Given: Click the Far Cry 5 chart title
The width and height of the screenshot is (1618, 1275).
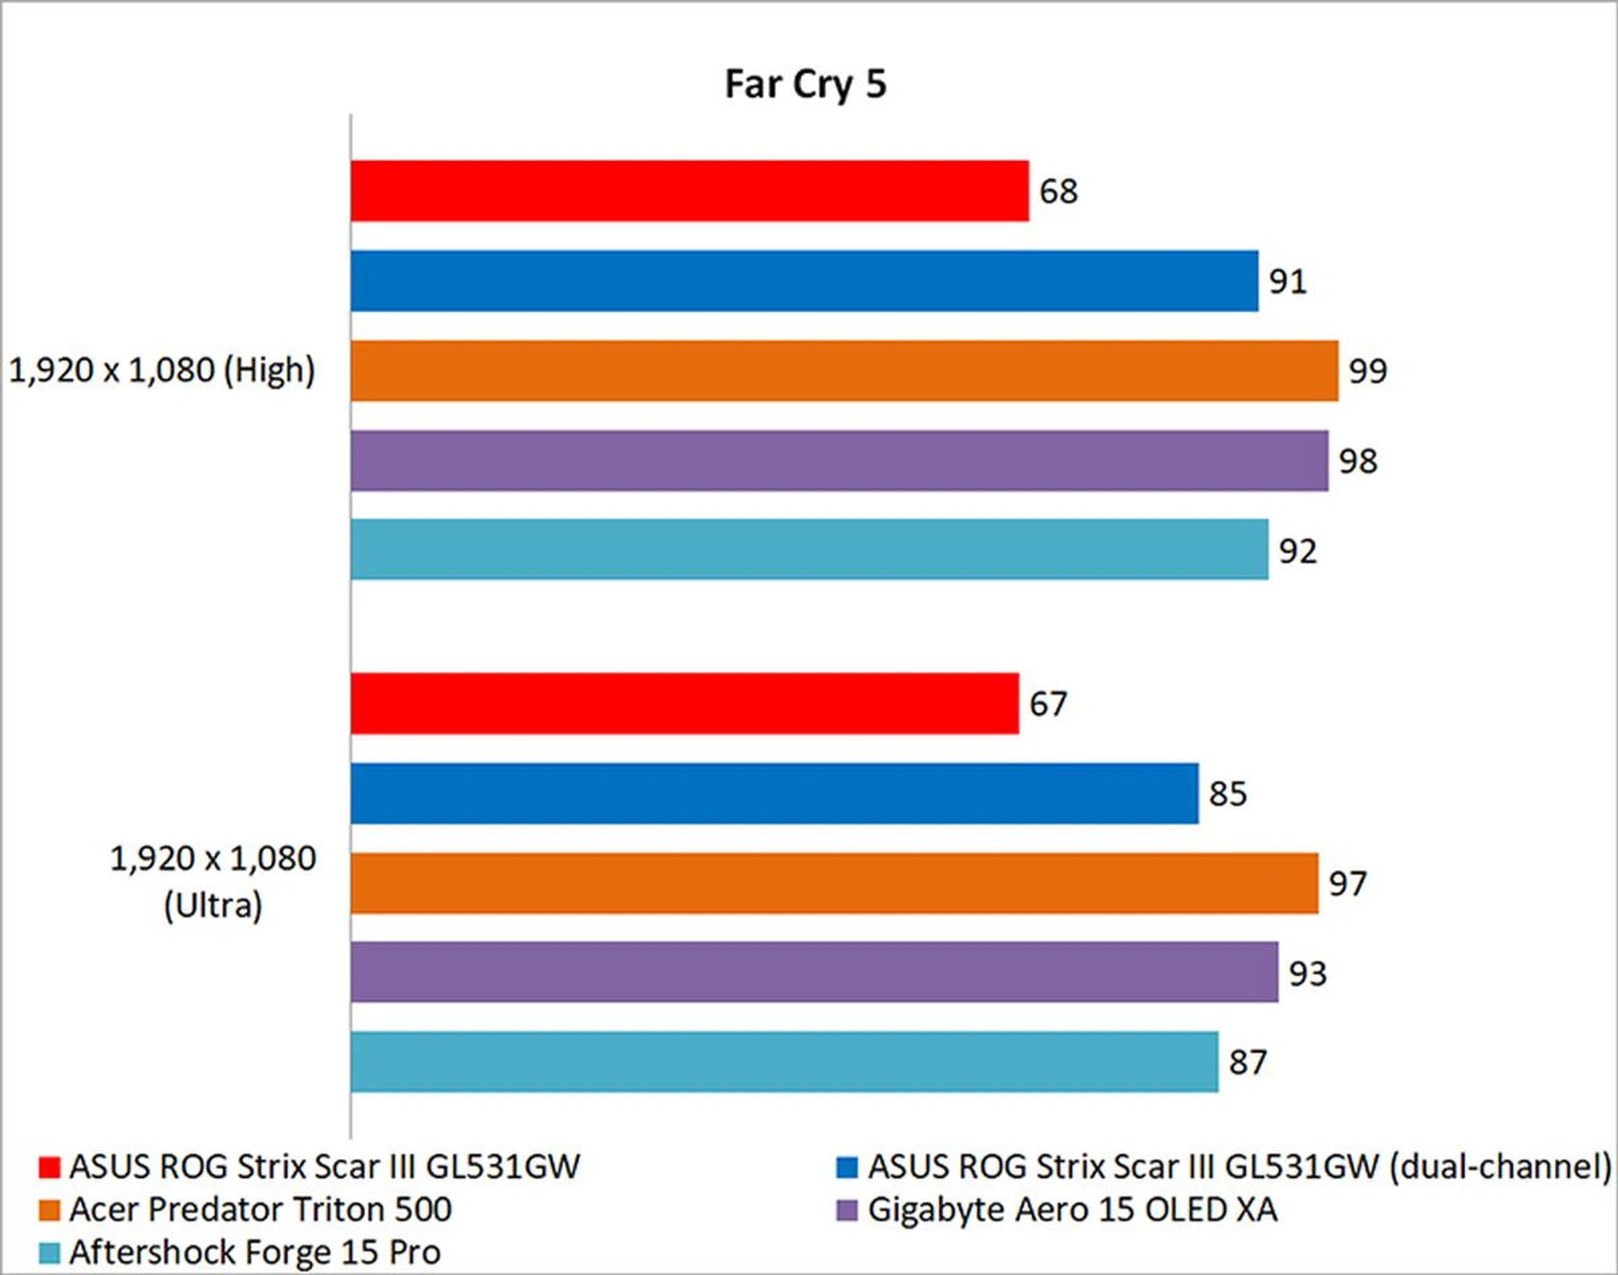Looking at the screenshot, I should coord(805,84).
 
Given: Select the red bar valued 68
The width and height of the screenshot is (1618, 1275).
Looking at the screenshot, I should coord(689,191).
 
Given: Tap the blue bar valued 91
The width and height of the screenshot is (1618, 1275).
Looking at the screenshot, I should coord(804,281).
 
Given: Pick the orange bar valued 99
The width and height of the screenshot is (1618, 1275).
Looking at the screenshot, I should coord(844,371).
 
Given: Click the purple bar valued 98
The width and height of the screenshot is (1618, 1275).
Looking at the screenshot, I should coord(839,460).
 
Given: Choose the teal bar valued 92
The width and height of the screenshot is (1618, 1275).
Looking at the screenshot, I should coord(809,550).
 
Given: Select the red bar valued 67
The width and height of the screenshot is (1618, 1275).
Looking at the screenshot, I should coord(684,703).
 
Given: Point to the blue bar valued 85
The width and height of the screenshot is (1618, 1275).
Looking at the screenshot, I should coord(774,794).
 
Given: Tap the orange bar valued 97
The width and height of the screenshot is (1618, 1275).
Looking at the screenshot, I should coord(834,884).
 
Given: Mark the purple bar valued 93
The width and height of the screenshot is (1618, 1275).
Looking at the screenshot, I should coord(814,972).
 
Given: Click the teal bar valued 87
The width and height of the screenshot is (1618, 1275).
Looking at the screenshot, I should coord(784,1062).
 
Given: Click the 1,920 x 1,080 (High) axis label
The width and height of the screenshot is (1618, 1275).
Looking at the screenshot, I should coord(162,370).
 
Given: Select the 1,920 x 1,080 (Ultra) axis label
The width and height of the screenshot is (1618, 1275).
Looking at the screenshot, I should coord(213,882).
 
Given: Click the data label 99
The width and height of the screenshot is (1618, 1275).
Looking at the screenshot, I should coord(1368,371).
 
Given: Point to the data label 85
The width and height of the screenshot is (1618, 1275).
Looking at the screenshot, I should coord(1228,794).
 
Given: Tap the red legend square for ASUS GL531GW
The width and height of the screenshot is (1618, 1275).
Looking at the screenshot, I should coord(50,1167).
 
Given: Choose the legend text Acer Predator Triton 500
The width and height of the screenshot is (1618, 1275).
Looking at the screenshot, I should coord(260,1210).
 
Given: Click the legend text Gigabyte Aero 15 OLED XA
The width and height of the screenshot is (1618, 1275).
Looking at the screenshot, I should coord(1072,1210).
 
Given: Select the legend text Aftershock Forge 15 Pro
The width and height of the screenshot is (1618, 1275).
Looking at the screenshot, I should coord(254,1252).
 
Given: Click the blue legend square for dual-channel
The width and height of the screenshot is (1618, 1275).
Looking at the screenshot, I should coord(847,1167).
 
